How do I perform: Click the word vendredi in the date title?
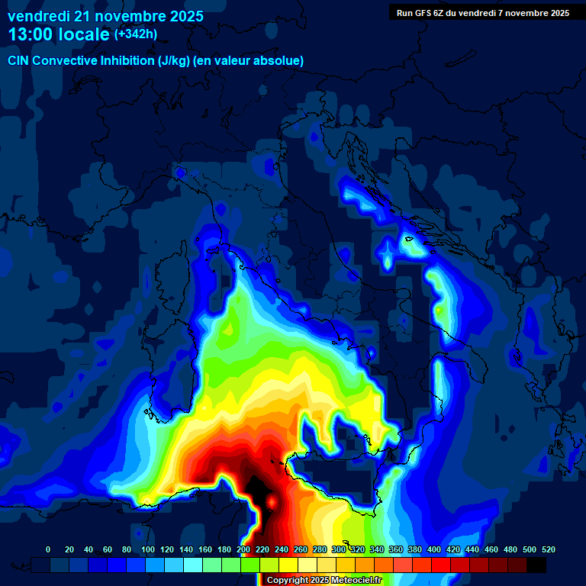pos(38,16)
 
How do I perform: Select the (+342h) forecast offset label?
pos(137,34)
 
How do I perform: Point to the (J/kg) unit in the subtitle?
pos(175,61)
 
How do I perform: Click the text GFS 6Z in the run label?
pos(430,12)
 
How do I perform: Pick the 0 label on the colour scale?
pos(48,549)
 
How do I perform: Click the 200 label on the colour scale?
pos(243,549)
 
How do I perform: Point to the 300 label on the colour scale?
pos(339,549)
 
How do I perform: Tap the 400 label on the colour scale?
pos(434,549)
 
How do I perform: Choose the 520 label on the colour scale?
pos(549,549)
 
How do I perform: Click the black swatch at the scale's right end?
pos(536,565)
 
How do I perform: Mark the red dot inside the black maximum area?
pos(272,501)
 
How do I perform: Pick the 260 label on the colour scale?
pos(301,549)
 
